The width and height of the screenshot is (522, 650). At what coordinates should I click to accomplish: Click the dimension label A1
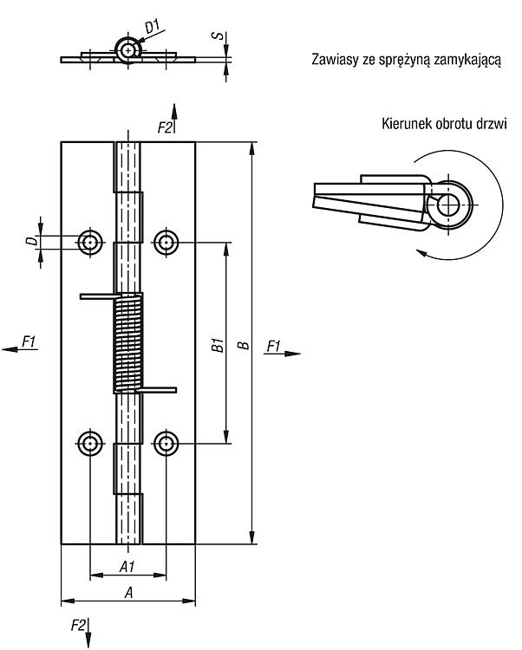tap(127, 566)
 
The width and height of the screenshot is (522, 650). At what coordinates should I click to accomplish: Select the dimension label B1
tap(218, 345)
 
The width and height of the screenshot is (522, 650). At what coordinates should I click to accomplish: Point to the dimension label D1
tap(153, 26)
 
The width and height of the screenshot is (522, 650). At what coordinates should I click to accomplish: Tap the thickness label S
tap(218, 36)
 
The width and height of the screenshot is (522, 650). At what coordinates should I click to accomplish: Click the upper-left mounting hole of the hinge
tap(90, 242)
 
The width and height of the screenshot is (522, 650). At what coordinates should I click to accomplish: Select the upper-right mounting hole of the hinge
tap(166, 242)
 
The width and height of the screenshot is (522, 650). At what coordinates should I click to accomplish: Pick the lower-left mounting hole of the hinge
tap(90, 443)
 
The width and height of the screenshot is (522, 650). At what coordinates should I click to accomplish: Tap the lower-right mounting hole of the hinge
tap(166, 443)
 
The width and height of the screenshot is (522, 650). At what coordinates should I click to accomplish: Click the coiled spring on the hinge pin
tap(128, 343)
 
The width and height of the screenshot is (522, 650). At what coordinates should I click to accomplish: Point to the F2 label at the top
tap(165, 127)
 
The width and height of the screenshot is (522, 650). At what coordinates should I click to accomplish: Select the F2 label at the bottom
tap(78, 625)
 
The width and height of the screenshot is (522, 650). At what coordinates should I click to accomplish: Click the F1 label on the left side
tap(29, 342)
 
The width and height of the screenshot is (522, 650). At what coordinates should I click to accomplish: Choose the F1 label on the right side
tap(274, 346)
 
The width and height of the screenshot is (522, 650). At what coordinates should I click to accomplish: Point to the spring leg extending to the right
tap(158, 390)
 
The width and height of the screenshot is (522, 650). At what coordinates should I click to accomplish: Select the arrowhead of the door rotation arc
tap(421, 253)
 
